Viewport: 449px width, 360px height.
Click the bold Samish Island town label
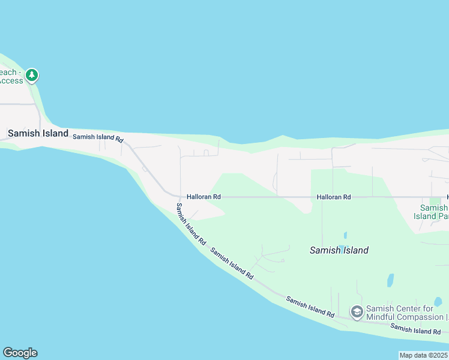coord(38,133)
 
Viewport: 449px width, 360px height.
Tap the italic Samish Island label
coord(339,250)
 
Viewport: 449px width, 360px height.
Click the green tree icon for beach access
coord(32,76)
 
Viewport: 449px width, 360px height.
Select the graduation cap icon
coord(357,311)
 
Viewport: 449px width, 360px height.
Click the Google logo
coord(20,353)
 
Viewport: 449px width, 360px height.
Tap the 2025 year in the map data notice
coord(438,355)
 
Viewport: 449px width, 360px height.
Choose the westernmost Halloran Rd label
coord(203,196)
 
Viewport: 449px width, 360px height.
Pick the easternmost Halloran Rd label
coord(334,197)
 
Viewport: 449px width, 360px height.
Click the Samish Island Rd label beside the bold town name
coord(98,137)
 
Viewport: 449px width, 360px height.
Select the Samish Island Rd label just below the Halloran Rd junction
coord(191,223)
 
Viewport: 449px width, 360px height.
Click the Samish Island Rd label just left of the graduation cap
coord(310,307)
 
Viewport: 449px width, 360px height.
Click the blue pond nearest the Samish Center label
coord(390,280)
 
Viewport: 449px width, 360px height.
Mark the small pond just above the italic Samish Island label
coord(345,235)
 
